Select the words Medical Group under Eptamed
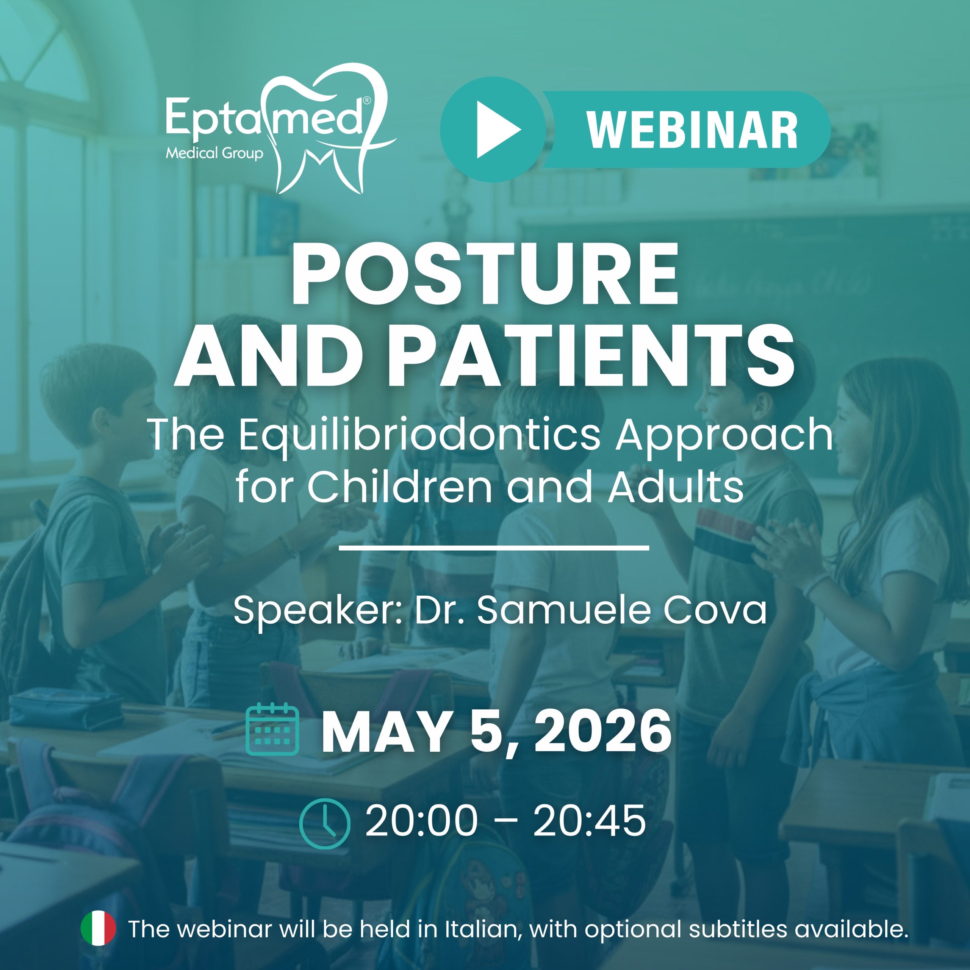point(214,153)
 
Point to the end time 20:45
point(590,821)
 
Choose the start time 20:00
point(422,821)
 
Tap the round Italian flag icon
point(99,928)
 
